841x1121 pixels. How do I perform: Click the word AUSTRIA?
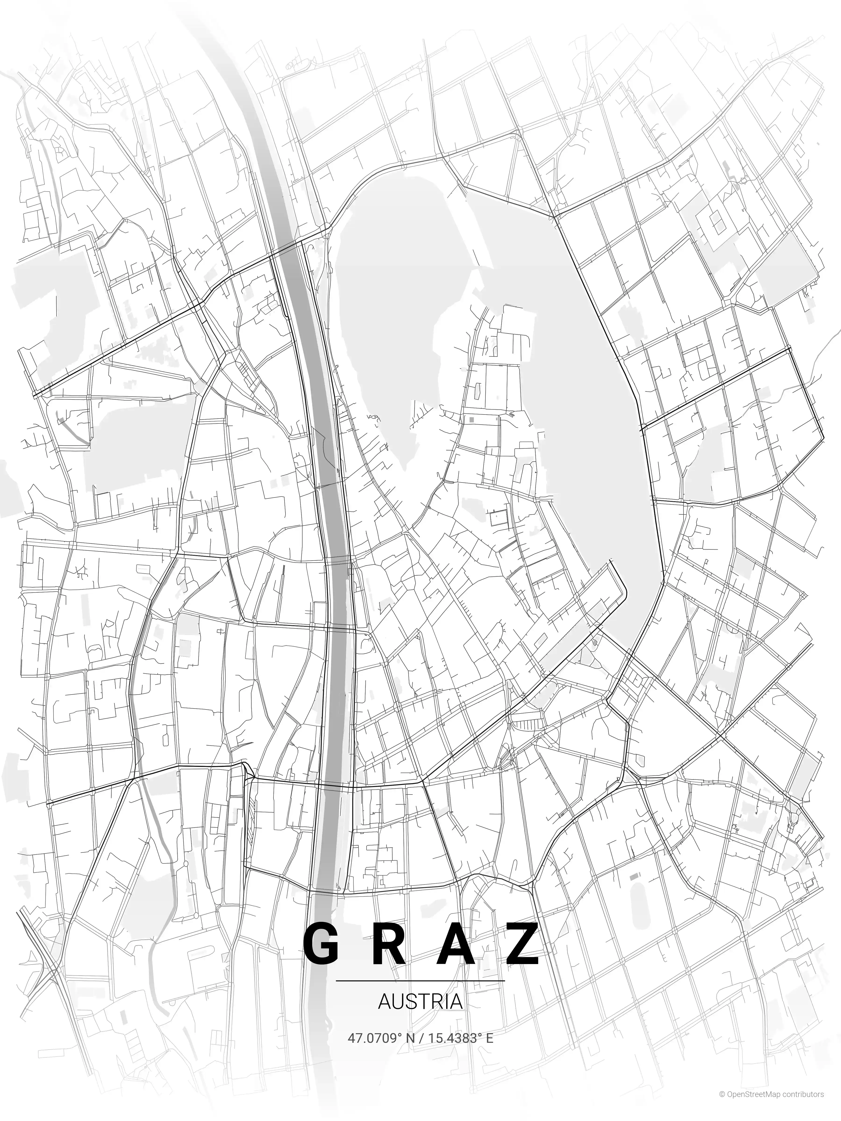coord(420,1001)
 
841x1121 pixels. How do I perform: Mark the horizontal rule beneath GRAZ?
coord(420,981)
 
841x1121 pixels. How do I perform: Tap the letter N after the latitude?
coord(410,1036)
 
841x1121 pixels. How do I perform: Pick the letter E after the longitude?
coord(490,1036)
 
